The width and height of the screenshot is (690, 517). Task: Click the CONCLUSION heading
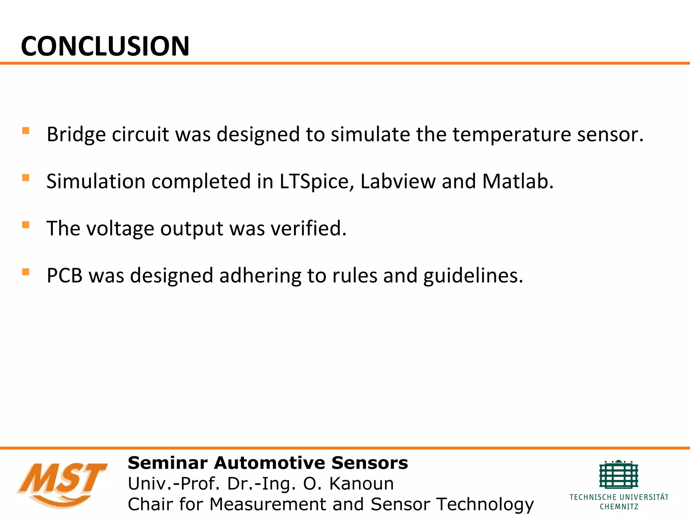tap(105, 46)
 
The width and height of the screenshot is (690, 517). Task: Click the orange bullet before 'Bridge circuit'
tap(26, 131)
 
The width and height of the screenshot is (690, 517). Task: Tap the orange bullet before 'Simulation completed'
tap(26, 178)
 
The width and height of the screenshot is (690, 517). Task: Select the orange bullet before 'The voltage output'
tap(26, 225)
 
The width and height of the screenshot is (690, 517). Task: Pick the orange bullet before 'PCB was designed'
tap(26, 272)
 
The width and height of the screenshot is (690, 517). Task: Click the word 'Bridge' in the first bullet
tap(76, 135)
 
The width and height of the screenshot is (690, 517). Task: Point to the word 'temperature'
tap(511, 135)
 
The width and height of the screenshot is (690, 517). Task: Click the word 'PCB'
tap(65, 276)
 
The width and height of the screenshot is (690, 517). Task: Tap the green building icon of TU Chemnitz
tap(619, 475)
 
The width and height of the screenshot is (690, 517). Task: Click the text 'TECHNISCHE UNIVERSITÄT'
tap(619, 497)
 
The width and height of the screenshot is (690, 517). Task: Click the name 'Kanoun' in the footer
tap(361, 484)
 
